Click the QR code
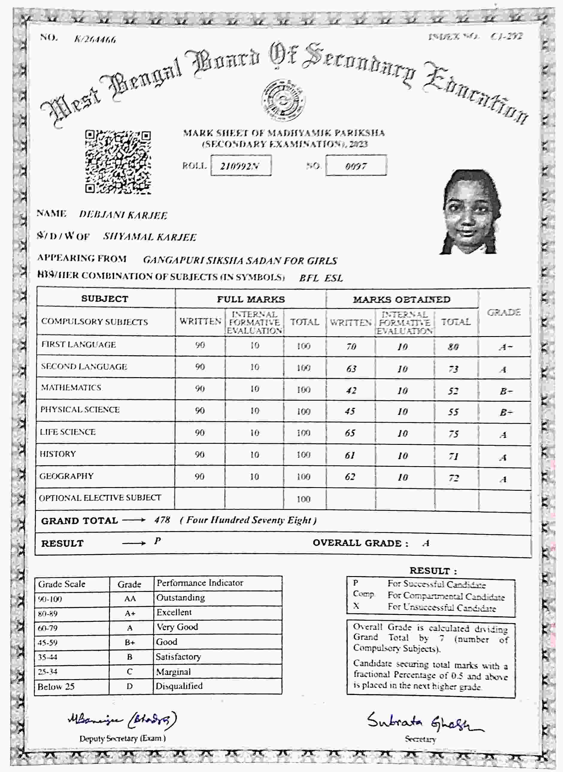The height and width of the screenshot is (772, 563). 118,162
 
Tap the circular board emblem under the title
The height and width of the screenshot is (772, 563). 283,100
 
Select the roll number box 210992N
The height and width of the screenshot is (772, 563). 241,166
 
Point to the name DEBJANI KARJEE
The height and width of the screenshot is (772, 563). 123,215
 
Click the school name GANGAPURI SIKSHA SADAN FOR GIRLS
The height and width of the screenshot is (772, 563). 240,261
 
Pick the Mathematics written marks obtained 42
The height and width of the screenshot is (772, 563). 351,390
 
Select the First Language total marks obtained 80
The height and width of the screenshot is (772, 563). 453,347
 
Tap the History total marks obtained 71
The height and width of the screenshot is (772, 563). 453,457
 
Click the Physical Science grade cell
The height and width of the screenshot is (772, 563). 505,413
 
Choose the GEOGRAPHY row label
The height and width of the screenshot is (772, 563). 66,476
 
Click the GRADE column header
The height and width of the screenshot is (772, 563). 504,312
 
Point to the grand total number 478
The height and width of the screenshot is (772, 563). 162,520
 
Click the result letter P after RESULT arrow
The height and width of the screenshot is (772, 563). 157,541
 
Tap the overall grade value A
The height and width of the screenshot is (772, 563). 426,543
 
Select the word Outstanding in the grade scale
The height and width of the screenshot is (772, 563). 180,598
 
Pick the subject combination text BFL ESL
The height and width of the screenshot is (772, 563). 321,278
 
